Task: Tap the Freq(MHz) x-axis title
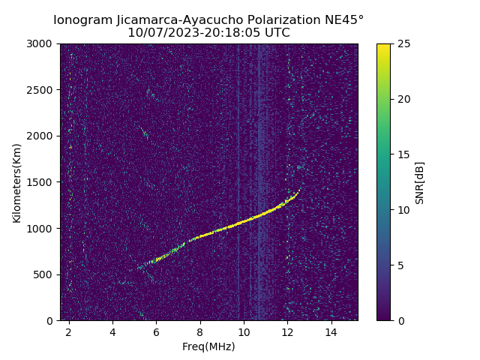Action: coord(208,346)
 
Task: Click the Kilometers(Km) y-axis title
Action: coord(16,182)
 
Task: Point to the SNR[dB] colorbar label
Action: coord(420,182)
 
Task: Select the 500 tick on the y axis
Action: coord(46,274)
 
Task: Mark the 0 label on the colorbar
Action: coord(399,320)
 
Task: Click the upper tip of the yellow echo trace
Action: coord(301,188)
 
